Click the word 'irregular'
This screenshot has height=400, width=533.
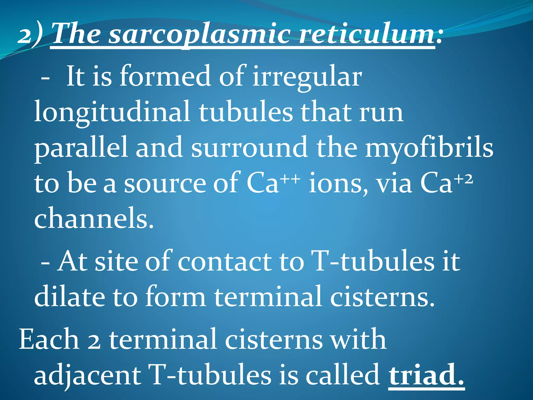(x=307, y=77)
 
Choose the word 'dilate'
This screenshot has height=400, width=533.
(x=69, y=297)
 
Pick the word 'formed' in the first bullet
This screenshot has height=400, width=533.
(x=165, y=77)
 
